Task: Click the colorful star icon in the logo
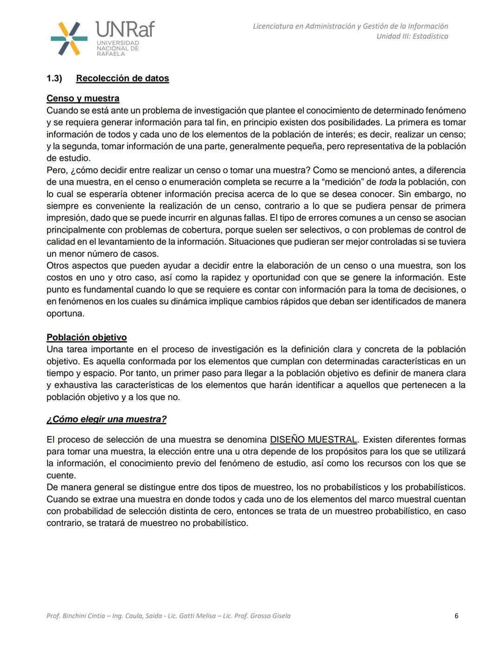click(69, 39)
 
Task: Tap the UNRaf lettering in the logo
click(125, 30)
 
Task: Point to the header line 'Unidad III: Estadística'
click(412, 36)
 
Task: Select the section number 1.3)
click(54, 78)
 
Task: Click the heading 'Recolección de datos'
click(122, 78)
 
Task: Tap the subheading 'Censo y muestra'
click(83, 98)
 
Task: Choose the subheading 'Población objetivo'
click(87, 337)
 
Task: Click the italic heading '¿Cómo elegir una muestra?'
click(106, 419)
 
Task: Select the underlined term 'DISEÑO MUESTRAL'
click(313, 440)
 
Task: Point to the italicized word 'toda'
click(387, 182)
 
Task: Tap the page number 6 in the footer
click(456, 616)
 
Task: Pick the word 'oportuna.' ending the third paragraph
click(66, 314)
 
